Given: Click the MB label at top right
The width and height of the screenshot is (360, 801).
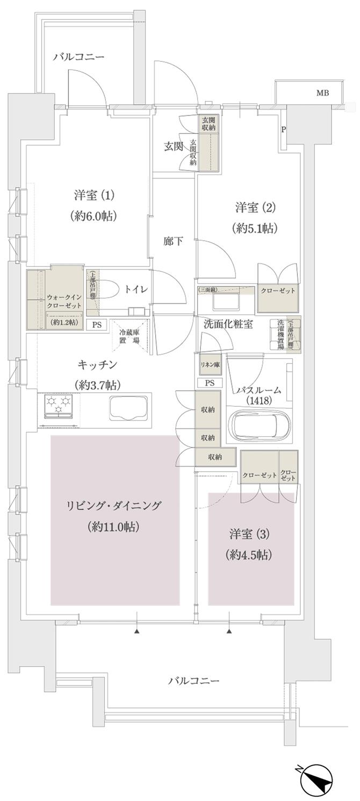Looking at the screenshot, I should [322, 93].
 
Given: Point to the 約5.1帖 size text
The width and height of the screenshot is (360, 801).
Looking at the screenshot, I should [255, 228].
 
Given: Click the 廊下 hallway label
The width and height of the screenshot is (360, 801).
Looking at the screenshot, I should [172, 241].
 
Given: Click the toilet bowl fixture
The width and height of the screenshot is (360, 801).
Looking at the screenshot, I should [110, 288].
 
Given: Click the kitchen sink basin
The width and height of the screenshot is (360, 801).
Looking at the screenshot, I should [128, 409].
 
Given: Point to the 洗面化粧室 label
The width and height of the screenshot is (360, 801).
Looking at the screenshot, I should [228, 324].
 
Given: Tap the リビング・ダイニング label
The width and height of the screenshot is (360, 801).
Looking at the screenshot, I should [114, 506].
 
